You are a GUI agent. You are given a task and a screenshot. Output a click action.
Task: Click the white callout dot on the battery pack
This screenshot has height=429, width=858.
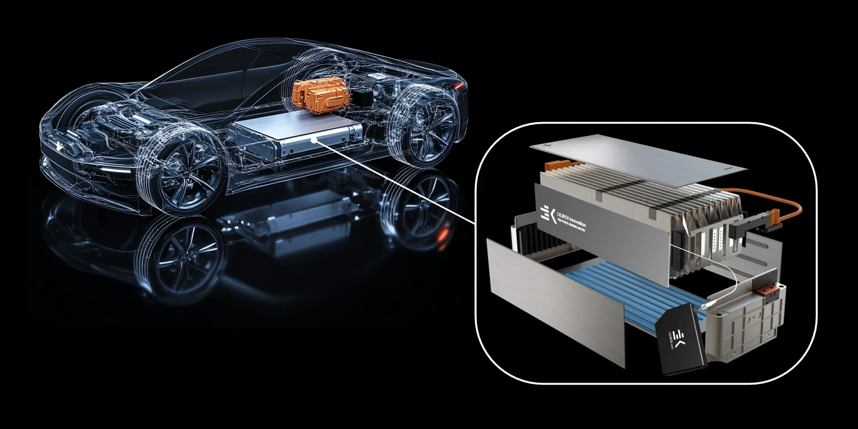tap(314, 140)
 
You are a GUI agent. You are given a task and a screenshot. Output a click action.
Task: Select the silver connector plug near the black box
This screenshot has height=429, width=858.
tap(704, 306)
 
